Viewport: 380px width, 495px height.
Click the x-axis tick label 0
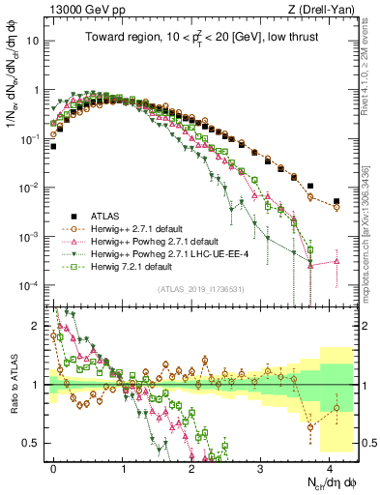click(54, 466)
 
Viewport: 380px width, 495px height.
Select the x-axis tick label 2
click(191, 466)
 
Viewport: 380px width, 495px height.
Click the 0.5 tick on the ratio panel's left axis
click(37, 443)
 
